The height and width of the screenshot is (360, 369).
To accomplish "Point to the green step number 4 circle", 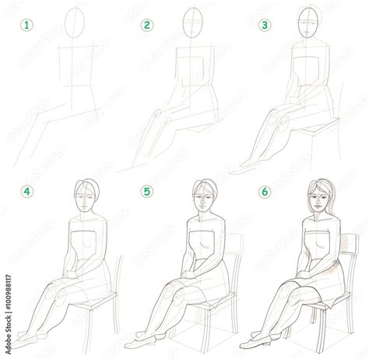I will [27, 190].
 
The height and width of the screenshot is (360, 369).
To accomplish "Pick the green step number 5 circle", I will [145, 190].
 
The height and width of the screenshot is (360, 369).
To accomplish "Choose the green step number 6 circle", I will [265, 190].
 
